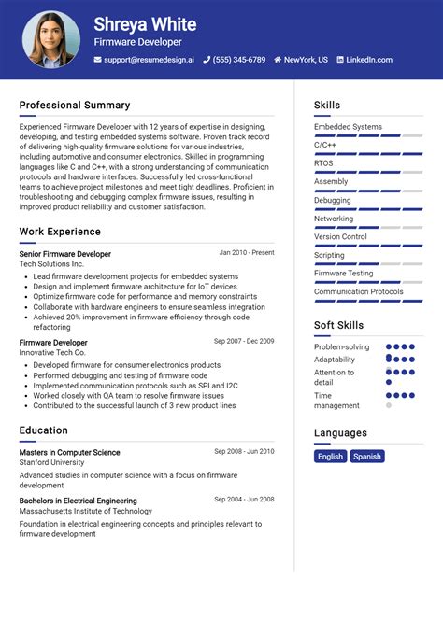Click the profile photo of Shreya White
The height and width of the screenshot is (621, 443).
click(x=51, y=38)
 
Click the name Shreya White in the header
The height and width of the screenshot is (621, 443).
click(x=145, y=24)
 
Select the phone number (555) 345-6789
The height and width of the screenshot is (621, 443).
click(x=238, y=60)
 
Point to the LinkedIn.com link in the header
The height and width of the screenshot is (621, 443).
click(x=369, y=60)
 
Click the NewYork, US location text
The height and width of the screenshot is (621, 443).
click(x=306, y=60)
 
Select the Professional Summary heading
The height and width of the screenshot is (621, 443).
click(x=75, y=106)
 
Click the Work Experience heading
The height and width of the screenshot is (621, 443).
click(x=60, y=232)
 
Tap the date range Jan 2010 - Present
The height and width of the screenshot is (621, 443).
click(x=247, y=253)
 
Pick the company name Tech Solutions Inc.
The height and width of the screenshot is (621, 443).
click(x=52, y=264)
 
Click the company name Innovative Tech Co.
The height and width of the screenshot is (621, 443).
click(x=52, y=353)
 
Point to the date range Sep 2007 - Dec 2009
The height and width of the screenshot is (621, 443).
click(x=244, y=342)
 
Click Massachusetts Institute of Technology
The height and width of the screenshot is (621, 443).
click(x=85, y=511)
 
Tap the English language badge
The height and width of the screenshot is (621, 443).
click(x=330, y=457)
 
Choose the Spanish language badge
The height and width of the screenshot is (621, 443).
click(x=367, y=457)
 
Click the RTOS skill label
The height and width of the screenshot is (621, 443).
click(x=323, y=163)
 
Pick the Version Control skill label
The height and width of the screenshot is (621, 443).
click(x=340, y=237)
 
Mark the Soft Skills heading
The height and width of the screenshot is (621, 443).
click(x=339, y=325)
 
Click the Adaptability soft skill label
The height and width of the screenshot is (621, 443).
click(x=335, y=360)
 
